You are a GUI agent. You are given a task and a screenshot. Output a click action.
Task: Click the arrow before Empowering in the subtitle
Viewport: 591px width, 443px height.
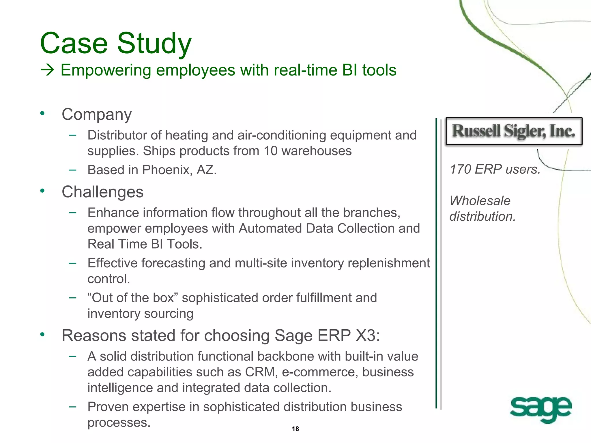[x=47, y=70]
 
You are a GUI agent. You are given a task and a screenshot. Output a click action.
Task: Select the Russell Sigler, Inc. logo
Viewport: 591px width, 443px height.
[x=514, y=131]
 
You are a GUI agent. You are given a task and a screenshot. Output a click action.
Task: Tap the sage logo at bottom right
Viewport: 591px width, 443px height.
[x=540, y=409]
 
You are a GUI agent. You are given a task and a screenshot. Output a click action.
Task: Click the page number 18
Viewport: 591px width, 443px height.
[x=295, y=429]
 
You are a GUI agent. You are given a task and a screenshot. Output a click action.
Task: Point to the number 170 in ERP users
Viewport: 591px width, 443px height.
[x=460, y=169]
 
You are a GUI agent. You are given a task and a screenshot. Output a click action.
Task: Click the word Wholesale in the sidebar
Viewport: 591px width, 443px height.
[x=480, y=201]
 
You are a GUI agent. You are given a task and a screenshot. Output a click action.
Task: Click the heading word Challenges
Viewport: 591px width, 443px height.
[x=102, y=192]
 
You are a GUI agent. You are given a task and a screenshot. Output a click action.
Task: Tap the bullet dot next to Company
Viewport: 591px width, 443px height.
[x=43, y=113]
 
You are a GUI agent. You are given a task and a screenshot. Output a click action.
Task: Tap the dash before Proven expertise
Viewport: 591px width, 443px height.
[x=72, y=407]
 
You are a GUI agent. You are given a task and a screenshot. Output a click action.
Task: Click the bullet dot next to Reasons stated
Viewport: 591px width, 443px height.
[x=43, y=335]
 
